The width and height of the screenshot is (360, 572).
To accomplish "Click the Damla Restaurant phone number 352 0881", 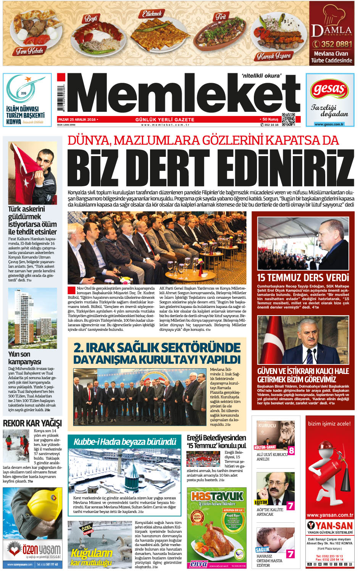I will point(331,44).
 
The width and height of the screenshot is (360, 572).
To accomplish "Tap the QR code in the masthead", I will point(288,119).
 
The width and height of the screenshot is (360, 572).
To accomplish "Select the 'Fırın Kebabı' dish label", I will point(29,50).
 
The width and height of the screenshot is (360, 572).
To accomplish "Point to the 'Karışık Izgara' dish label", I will point(274,56).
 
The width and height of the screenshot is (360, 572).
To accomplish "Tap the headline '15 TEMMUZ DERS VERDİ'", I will point(303,277).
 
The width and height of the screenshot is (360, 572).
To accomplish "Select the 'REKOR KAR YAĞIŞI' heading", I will point(32,423).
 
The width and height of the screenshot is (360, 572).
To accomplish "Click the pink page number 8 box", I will point(291,450).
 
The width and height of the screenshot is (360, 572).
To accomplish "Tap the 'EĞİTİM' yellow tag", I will point(262,503).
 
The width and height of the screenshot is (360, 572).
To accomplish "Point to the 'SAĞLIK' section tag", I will point(263,549).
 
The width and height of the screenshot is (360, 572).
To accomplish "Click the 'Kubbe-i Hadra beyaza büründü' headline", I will point(125,442).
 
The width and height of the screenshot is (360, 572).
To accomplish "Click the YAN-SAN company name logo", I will point(329,525).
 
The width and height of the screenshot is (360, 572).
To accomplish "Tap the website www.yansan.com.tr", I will point(329,515).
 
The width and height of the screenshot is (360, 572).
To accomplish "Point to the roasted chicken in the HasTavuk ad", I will point(216,538).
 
